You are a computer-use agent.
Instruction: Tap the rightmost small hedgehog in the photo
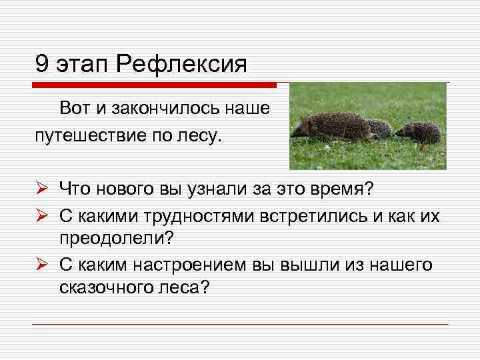tap(420, 131)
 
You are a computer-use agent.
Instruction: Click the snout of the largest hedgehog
tap(295, 133)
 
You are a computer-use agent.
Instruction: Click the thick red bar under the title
tap(153, 85)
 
